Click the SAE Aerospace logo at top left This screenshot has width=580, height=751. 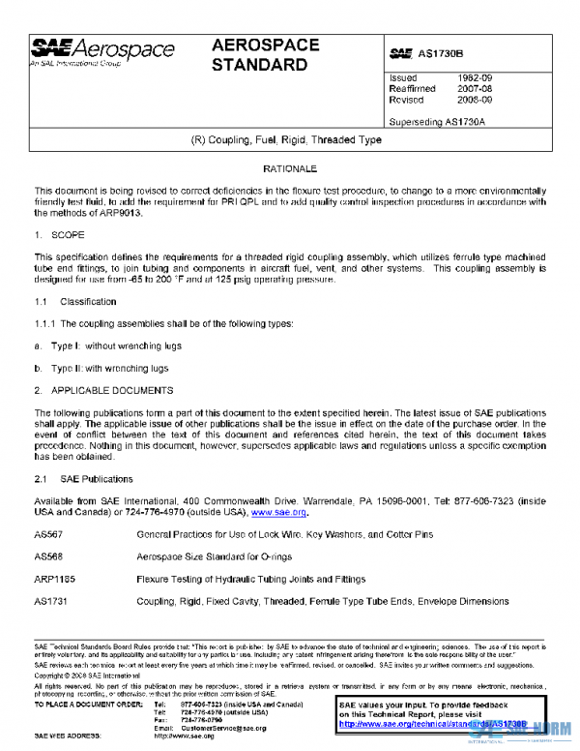(102, 51)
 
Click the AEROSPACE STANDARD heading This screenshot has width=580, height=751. (260, 56)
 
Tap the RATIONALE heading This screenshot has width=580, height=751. (289, 168)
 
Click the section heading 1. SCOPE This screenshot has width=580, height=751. (61, 235)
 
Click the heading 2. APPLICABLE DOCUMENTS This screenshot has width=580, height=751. (103, 391)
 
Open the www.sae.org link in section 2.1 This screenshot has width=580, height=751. (278, 512)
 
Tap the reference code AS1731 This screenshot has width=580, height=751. (49, 601)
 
